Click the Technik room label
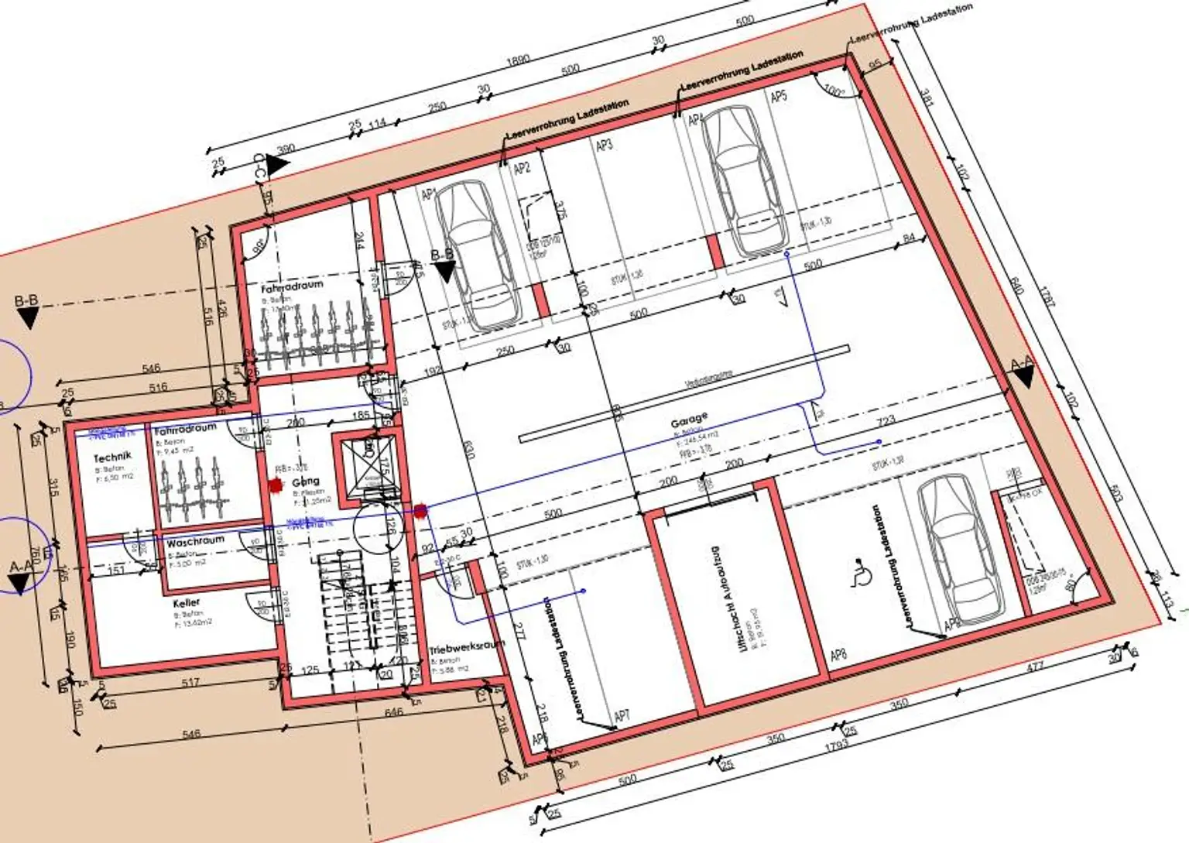[113, 457]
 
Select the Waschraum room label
[195, 541]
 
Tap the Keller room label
[187, 602]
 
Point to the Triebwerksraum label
[466, 646]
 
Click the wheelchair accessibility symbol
[858, 573]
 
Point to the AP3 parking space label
[605, 144]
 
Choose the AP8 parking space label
[838, 656]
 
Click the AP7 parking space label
[622, 716]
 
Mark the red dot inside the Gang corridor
[275, 485]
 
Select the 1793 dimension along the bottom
[837, 745]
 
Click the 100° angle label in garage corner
[834, 91]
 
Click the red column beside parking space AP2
[541, 300]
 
